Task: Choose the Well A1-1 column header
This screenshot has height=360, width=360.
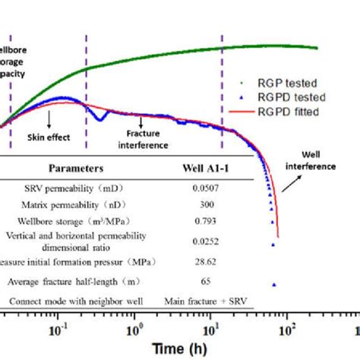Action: coord(204,168)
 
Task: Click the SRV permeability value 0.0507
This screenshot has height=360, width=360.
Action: coord(204,186)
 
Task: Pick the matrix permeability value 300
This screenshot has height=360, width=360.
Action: coord(204,203)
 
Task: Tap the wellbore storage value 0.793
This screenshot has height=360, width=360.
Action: coord(204,221)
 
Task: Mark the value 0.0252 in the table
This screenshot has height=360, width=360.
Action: coord(204,242)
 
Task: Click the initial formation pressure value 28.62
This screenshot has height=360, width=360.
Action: coord(204,262)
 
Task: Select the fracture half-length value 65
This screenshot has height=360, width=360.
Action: coord(204,282)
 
